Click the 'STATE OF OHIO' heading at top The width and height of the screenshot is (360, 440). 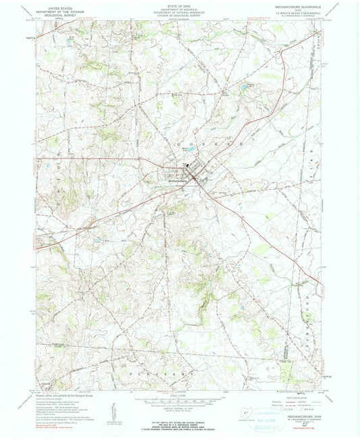[x=180, y=5]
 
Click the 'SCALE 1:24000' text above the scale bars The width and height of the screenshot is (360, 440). [x=180, y=393]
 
